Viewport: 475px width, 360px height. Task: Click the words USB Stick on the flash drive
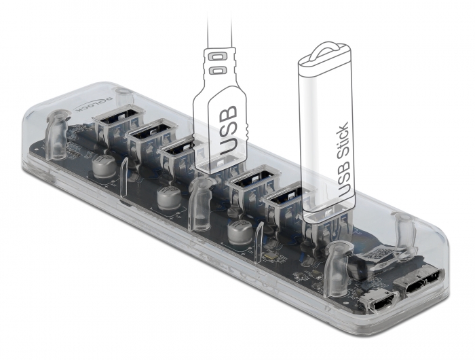tap(339, 160)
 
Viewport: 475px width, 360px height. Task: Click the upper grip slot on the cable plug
tap(218, 54)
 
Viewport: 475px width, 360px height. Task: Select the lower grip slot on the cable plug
tap(218, 70)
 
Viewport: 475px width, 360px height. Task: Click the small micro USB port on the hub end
tap(377, 299)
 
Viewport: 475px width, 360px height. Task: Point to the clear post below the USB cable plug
tap(198, 204)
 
